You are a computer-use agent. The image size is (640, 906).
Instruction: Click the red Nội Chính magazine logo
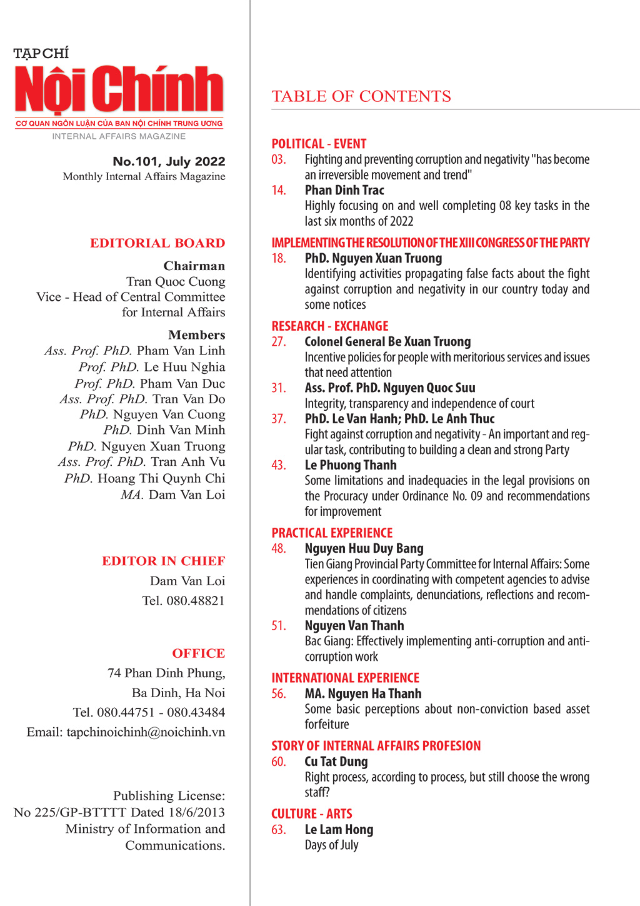click(119, 91)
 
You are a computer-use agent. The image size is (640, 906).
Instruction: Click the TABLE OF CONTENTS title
click(361, 96)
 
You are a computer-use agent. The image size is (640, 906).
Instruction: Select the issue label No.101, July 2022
click(169, 161)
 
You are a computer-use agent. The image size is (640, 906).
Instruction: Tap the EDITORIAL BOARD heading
click(157, 243)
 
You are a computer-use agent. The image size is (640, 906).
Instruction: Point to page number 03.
click(279, 159)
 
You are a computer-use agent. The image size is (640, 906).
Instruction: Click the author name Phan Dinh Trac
click(344, 190)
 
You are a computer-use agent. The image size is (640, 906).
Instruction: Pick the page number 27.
click(279, 341)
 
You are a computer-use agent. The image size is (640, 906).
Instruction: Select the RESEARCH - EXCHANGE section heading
click(330, 326)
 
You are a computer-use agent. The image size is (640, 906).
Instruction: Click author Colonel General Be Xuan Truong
click(387, 341)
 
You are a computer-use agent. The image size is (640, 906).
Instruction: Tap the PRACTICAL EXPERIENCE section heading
click(332, 533)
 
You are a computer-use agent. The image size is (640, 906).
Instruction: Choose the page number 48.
click(279, 548)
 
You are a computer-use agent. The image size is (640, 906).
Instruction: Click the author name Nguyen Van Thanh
click(354, 626)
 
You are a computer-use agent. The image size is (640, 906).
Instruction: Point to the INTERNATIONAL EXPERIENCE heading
click(345, 678)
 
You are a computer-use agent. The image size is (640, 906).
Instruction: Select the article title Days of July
click(331, 845)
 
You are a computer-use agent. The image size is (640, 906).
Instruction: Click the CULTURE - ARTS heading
click(312, 813)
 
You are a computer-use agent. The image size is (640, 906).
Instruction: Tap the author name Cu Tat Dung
click(336, 762)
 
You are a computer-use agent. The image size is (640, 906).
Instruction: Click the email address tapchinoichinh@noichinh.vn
click(146, 732)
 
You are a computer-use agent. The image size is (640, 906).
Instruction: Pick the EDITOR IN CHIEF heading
click(164, 561)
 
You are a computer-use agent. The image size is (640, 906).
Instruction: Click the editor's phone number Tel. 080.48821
click(183, 601)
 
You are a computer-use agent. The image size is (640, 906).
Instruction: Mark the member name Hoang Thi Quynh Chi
click(161, 478)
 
